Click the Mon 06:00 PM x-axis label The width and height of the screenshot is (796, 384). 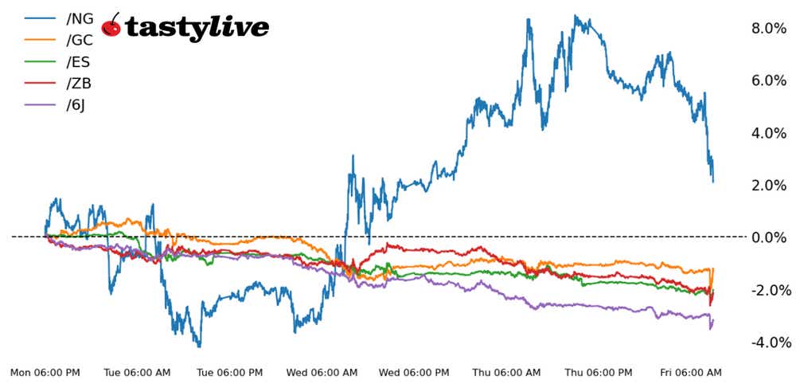pyautogui.click(x=45, y=373)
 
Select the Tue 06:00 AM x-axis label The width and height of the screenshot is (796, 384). pyautogui.click(x=138, y=373)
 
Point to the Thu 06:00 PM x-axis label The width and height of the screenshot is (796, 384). pyautogui.click(x=599, y=373)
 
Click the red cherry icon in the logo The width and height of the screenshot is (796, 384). pyautogui.click(x=112, y=26)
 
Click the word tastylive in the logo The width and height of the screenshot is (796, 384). pyautogui.click(x=197, y=28)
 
